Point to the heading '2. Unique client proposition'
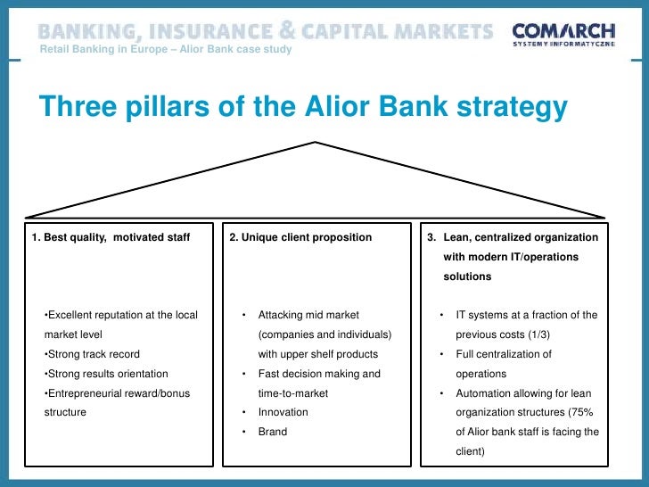click(300, 238)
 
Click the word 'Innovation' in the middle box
click(283, 412)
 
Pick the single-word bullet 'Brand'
click(272, 432)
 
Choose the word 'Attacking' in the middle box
click(282, 315)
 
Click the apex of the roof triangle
click(316, 142)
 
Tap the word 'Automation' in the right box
click(483, 393)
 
